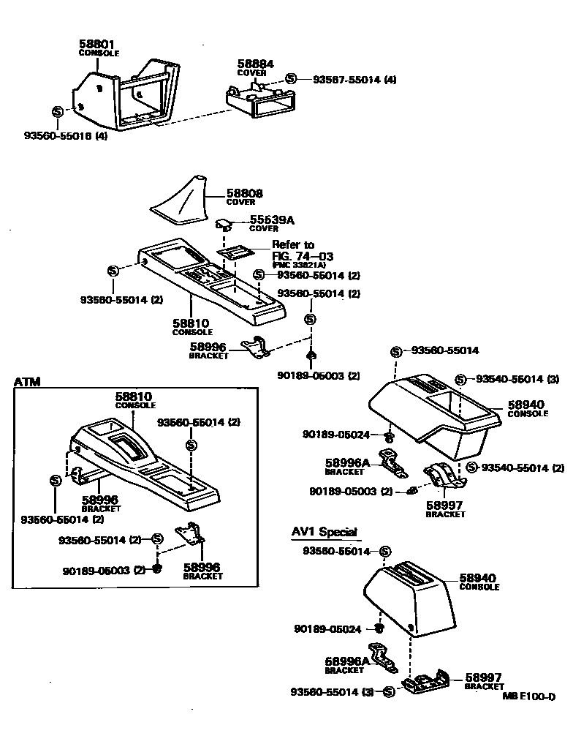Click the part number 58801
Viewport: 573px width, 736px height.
coord(97,45)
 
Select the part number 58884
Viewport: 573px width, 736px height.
coord(255,64)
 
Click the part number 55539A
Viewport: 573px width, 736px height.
coord(267,219)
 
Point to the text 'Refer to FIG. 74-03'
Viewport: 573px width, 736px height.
coord(302,250)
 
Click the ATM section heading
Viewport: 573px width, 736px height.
coord(27,381)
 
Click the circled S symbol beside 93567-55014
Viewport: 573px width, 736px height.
coord(290,79)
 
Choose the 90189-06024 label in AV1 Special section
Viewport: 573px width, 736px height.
coord(327,628)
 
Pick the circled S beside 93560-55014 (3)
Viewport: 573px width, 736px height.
coord(388,691)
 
